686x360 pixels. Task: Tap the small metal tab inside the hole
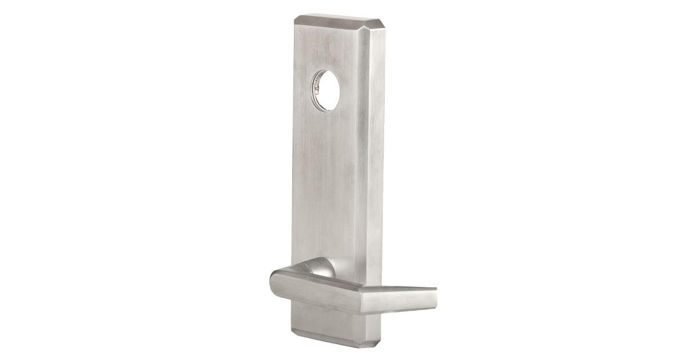[x=315, y=87]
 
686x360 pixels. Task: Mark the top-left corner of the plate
[x=296, y=21]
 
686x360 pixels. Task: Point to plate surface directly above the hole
[x=327, y=51]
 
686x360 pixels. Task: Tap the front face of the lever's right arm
[x=400, y=300]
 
